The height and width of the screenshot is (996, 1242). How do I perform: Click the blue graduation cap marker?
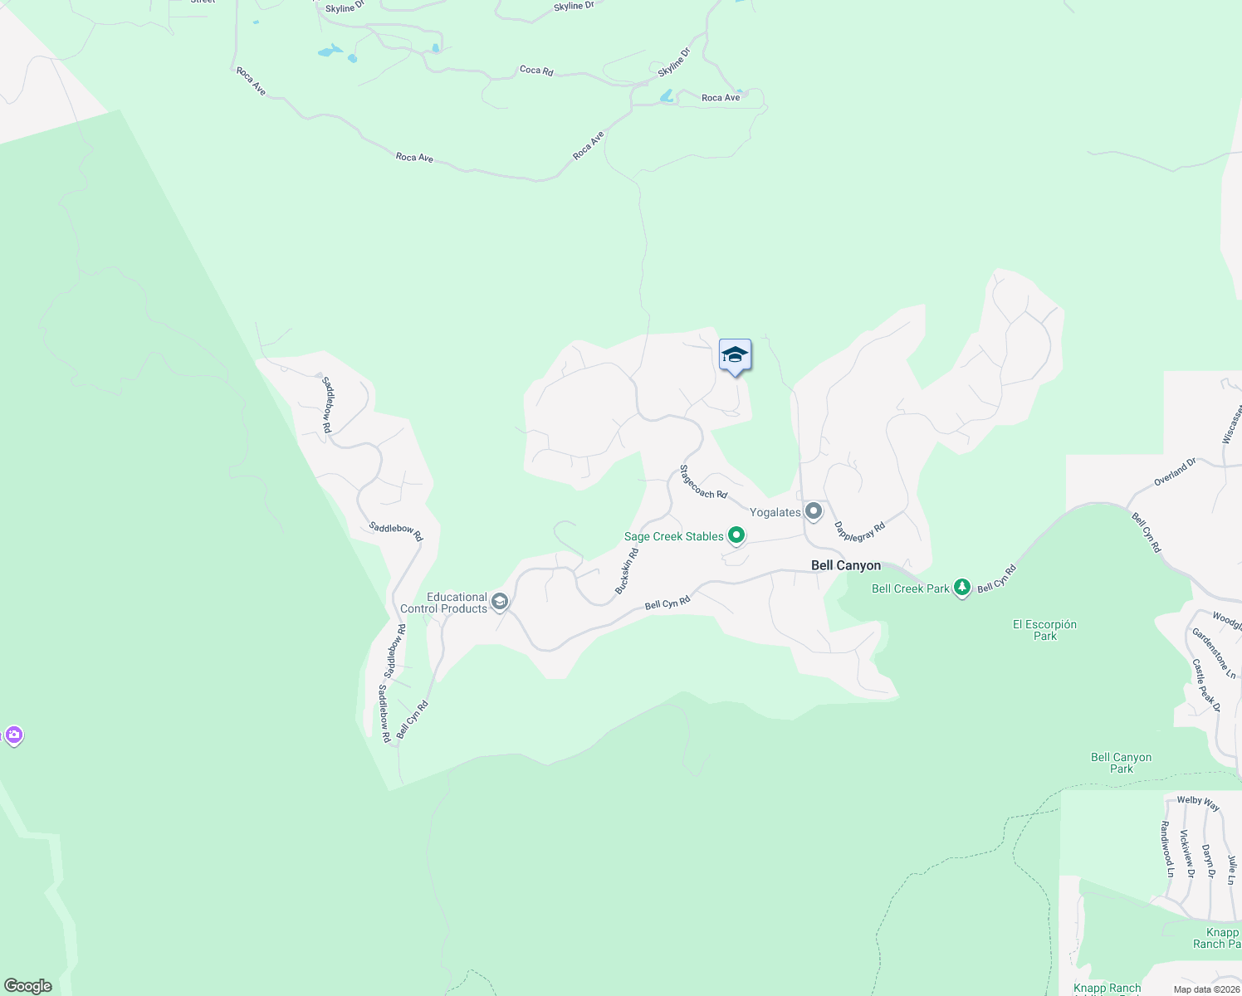point(735,355)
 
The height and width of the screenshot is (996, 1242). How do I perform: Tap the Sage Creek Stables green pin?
point(736,536)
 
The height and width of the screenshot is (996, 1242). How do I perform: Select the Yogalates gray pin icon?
point(814,511)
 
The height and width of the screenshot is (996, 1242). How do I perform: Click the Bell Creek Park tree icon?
point(962,588)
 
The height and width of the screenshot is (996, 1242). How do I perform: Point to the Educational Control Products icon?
point(500,602)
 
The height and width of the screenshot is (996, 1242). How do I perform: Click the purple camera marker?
point(13,735)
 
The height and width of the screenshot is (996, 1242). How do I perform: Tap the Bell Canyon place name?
point(845,565)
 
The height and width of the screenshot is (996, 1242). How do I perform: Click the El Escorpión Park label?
point(1044,630)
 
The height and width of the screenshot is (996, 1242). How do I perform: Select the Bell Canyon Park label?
point(1121,763)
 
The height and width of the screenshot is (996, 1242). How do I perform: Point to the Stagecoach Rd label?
point(702,481)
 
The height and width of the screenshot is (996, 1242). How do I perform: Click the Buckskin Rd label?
point(627,571)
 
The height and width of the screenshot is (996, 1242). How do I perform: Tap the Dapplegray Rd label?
point(859,531)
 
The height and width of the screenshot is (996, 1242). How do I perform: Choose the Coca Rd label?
point(536,71)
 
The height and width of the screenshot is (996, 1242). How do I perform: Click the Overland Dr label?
point(1175,472)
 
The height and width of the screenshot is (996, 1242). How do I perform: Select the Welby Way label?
point(1198,803)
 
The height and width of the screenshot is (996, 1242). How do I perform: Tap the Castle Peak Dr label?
point(1205,685)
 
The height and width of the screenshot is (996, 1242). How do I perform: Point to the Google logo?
point(28,985)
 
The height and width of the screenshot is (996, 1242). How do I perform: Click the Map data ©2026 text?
point(1206,989)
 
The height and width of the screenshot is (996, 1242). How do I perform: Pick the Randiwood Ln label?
point(1166,849)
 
